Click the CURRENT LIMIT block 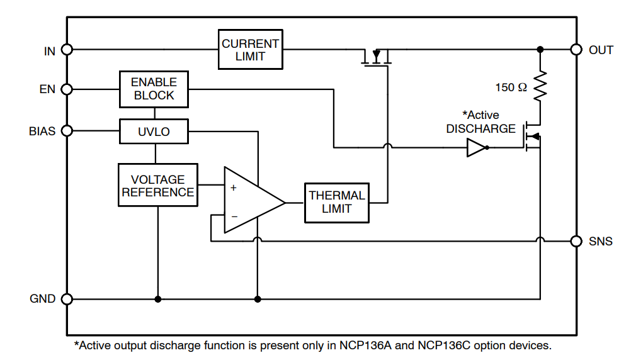coord(251,49)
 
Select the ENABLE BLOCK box coord(154,89)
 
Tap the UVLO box coord(154,132)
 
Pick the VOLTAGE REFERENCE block coord(157,185)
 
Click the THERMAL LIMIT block coord(337,203)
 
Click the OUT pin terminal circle coord(576,49)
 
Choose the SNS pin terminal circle coord(576,240)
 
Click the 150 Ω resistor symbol coord(540,87)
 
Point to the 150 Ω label coord(511,87)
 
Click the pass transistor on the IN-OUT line coord(377,58)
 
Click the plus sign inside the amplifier coord(234,188)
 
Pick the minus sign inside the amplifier coord(234,216)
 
